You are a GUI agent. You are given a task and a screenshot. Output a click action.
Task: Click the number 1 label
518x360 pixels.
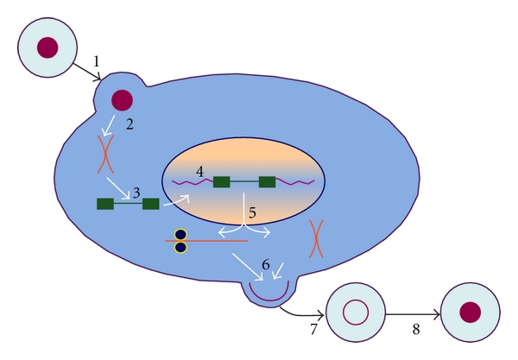coord(98,60)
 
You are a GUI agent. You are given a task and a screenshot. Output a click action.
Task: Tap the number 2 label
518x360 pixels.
coord(129,123)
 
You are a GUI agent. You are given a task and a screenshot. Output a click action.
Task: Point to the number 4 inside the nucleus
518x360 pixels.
coord(200,171)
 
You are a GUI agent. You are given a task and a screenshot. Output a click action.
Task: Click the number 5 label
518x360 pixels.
coord(252,212)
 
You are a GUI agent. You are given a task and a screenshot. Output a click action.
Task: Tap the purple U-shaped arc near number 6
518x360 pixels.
coord(266,290)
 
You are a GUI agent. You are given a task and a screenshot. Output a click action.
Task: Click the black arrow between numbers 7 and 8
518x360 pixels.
coord(413,313)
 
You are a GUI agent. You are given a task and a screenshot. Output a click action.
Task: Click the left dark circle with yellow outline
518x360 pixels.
coord(180,234)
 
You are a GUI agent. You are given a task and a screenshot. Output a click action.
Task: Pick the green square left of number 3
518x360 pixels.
coord(105,204)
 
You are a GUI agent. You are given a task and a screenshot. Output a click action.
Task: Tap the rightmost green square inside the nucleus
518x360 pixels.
coord(267,181)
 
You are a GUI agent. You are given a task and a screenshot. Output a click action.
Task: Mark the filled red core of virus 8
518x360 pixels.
coord(471,313)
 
